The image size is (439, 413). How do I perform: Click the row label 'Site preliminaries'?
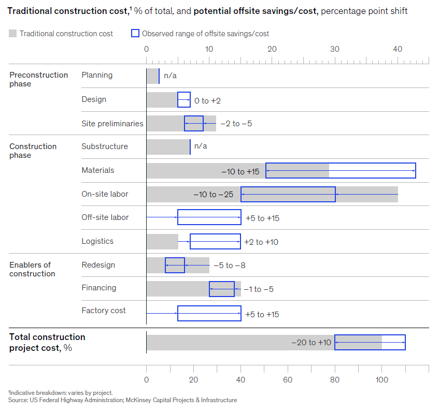pos(112,124)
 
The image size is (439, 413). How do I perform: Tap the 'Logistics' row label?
pos(98,241)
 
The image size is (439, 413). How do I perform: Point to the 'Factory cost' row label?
pos(104,311)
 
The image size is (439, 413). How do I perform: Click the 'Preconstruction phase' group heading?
pos(38,79)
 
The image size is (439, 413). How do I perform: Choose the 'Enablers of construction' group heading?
pos(32,269)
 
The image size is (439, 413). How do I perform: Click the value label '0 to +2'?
pos(207,100)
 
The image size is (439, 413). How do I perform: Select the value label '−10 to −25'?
pos(213,195)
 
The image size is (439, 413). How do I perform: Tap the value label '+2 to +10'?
pos(262,242)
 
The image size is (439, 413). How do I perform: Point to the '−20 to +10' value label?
pos(311,343)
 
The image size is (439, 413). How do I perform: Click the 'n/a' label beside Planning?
pos(170,76)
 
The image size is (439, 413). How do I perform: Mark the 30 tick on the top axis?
pos(335,49)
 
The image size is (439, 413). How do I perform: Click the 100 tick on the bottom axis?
pos(382,379)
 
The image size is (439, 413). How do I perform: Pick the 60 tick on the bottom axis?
pos(288,379)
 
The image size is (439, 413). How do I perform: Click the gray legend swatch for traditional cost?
pos(13,34)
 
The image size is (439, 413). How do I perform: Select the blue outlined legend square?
pos(135,34)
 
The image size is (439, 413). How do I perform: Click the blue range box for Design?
pos(184,100)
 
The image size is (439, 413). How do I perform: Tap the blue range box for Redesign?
pos(175,265)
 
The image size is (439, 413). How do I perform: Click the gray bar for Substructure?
pos(168,146)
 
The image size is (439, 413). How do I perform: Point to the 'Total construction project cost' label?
pos(47,342)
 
